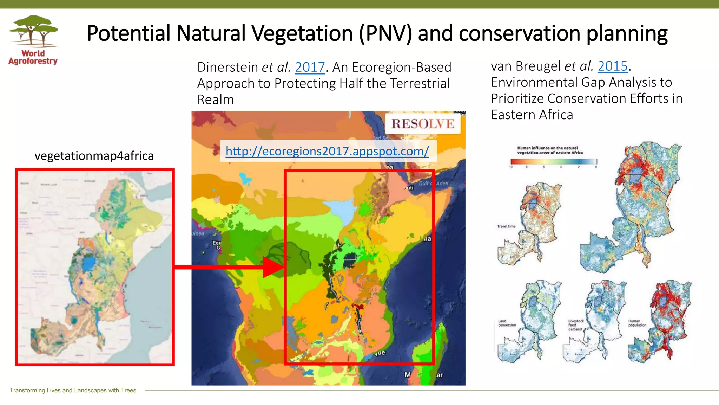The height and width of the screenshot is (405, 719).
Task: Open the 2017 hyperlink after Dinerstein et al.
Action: coord(310,67)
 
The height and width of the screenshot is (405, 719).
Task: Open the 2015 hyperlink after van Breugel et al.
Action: coord(612,66)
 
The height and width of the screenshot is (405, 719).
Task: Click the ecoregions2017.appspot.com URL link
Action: coord(327,151)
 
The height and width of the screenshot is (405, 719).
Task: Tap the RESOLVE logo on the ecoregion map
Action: coord(423,124)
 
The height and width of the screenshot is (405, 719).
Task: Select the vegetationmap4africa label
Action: coord(94,156)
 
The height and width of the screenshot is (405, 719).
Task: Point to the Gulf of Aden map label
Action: coord(433,184)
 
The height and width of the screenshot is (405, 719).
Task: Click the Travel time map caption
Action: coord(506,226)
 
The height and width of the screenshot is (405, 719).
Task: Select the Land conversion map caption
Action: coord(507,323)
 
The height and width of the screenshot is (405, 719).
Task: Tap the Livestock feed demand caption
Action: coord(576,325)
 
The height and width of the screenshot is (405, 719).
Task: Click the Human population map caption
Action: coord(637,323)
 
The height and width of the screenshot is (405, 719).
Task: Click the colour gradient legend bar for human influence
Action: coord(553,162)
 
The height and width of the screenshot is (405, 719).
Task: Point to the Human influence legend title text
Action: coord(549,150)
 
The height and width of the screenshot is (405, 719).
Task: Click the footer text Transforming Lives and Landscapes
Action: coord(73,390)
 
